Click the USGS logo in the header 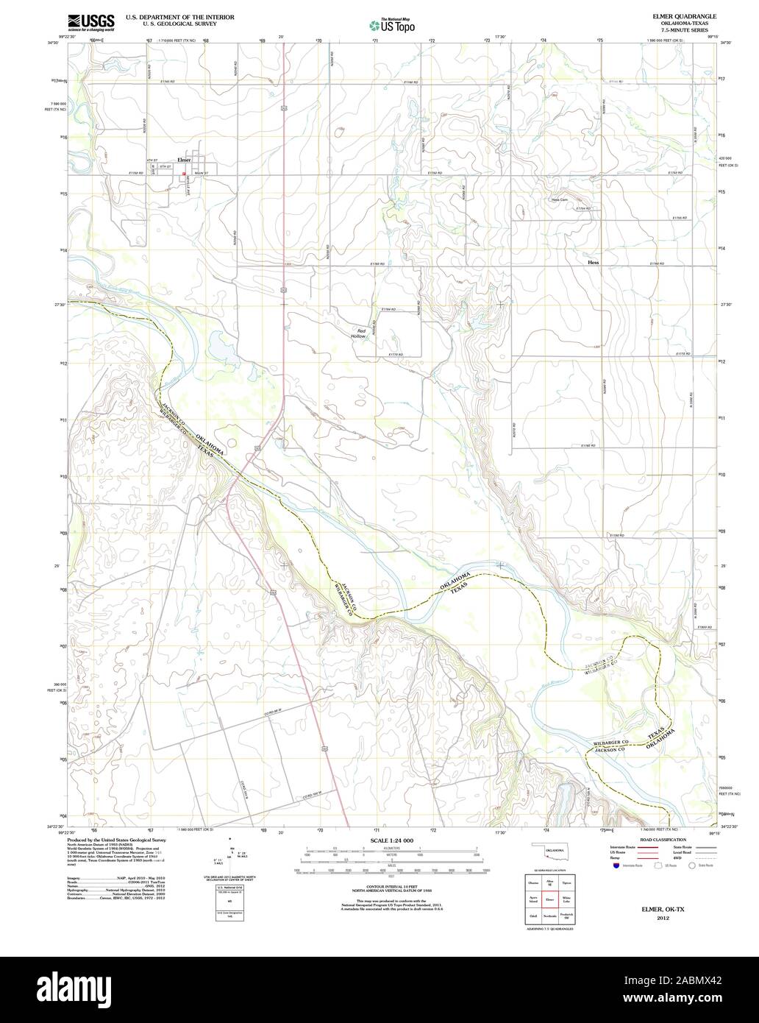point(90,23)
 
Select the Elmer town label point(183,160)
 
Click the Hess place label point(594,262)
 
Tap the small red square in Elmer point(184,174)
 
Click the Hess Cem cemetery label point(560,199)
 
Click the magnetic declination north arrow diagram point(231,854)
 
